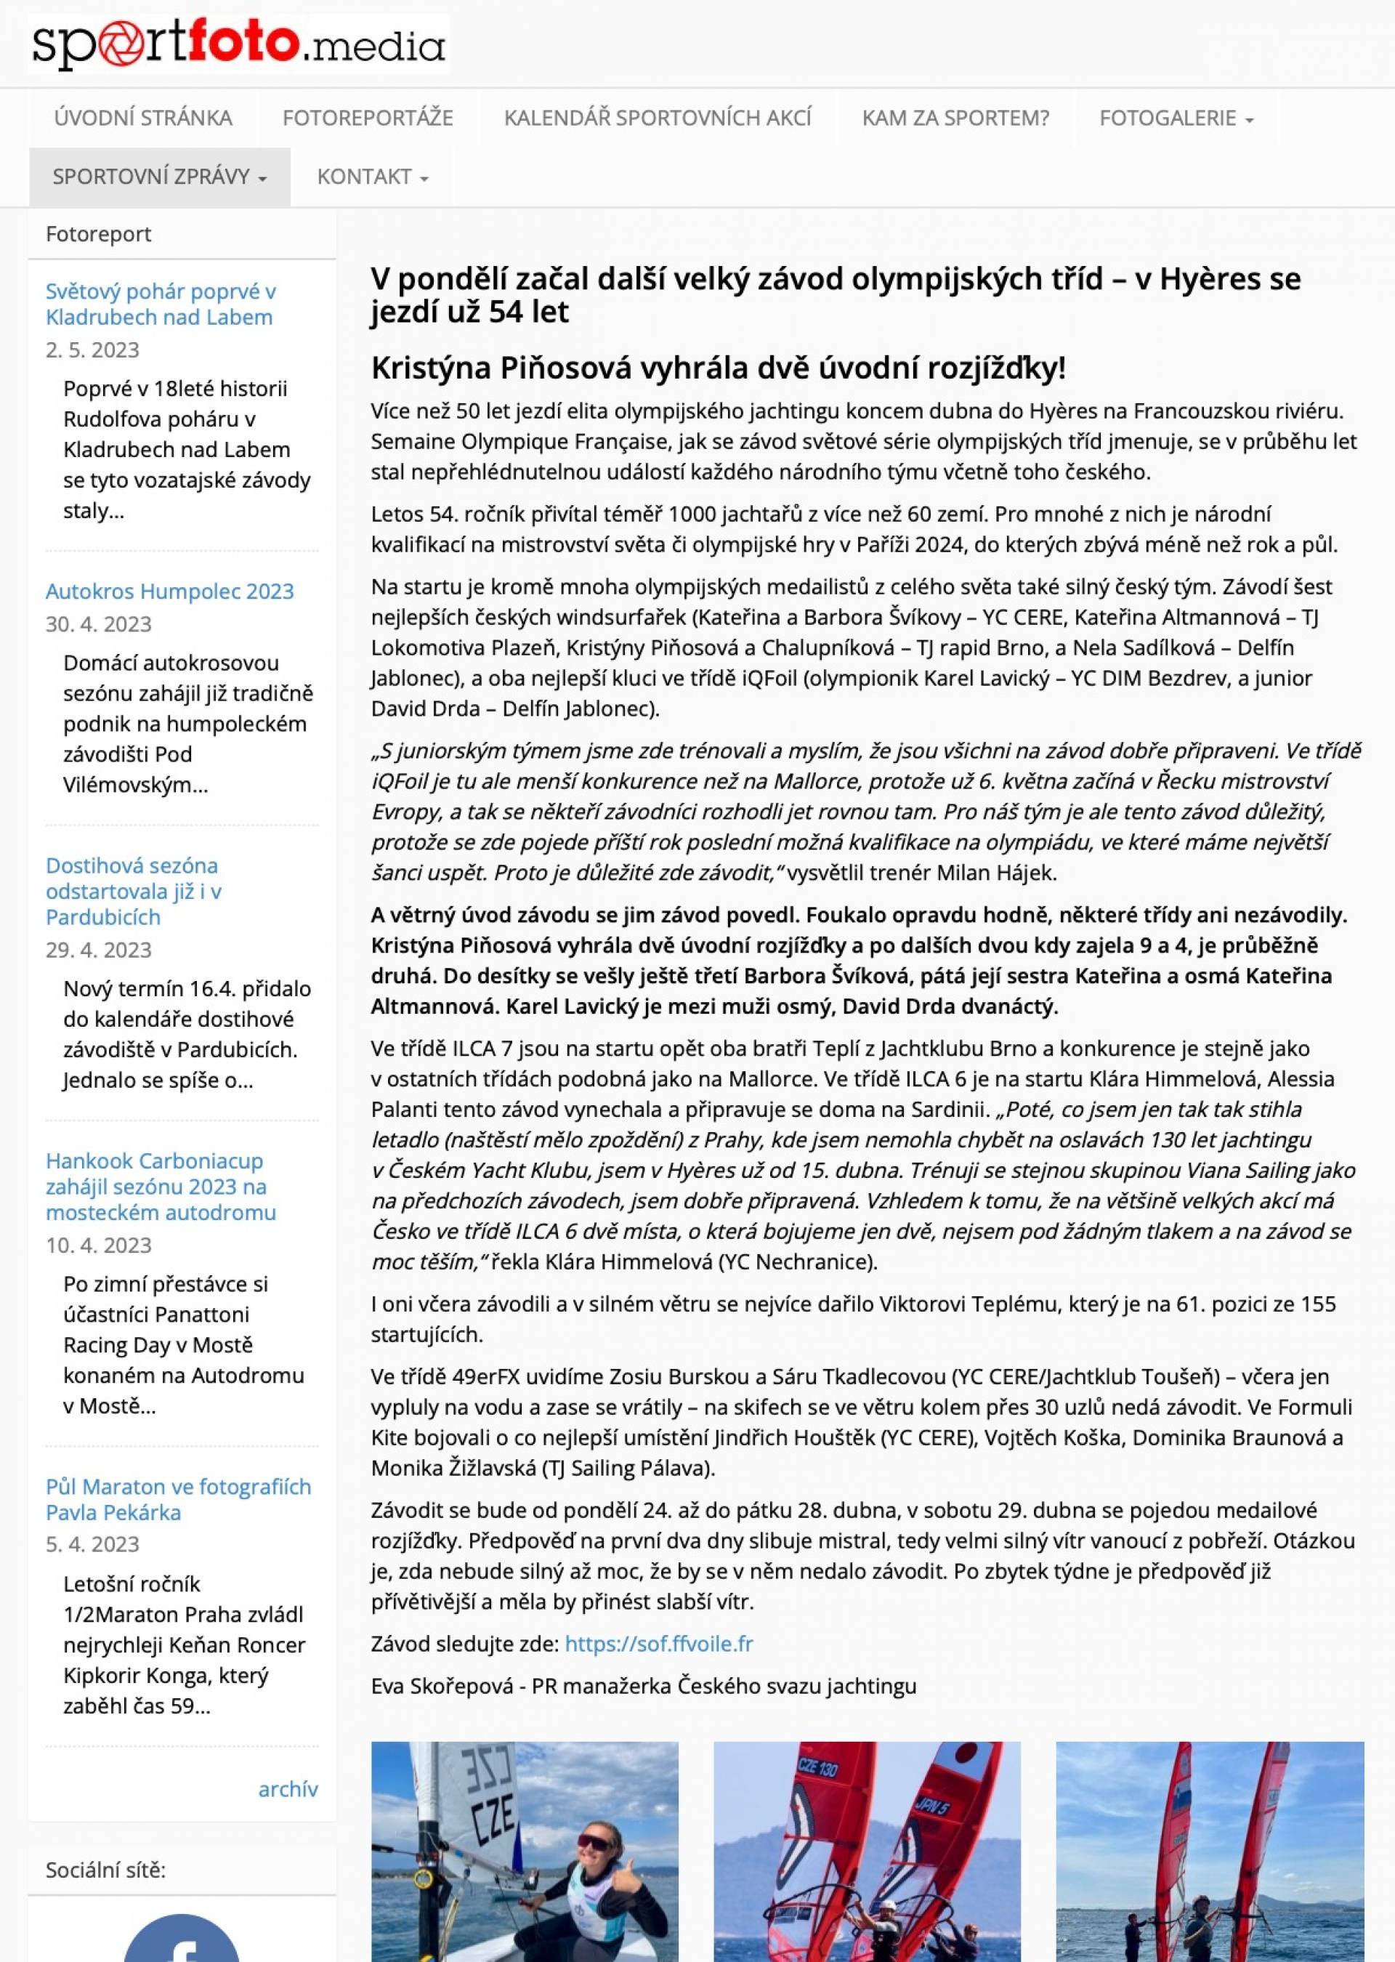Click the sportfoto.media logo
[x=239, y=44]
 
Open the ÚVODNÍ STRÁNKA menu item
[x=142, y=118]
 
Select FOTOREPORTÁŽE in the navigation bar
[x=368, y=118]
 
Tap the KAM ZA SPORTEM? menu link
[x=955, y=118]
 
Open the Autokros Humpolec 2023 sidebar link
[x=169, y=591]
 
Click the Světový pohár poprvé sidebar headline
[x=161, y=304]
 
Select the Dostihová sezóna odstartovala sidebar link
[x=133, y=891]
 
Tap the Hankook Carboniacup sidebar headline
[x=161, y=1187]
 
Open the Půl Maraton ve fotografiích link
[x=178, y=1499]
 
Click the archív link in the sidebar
[x=288, y=1788]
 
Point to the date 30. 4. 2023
[x=99, y=623]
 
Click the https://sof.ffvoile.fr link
[x=659, y=1643]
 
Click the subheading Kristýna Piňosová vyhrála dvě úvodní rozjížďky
[x=718, y=368]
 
